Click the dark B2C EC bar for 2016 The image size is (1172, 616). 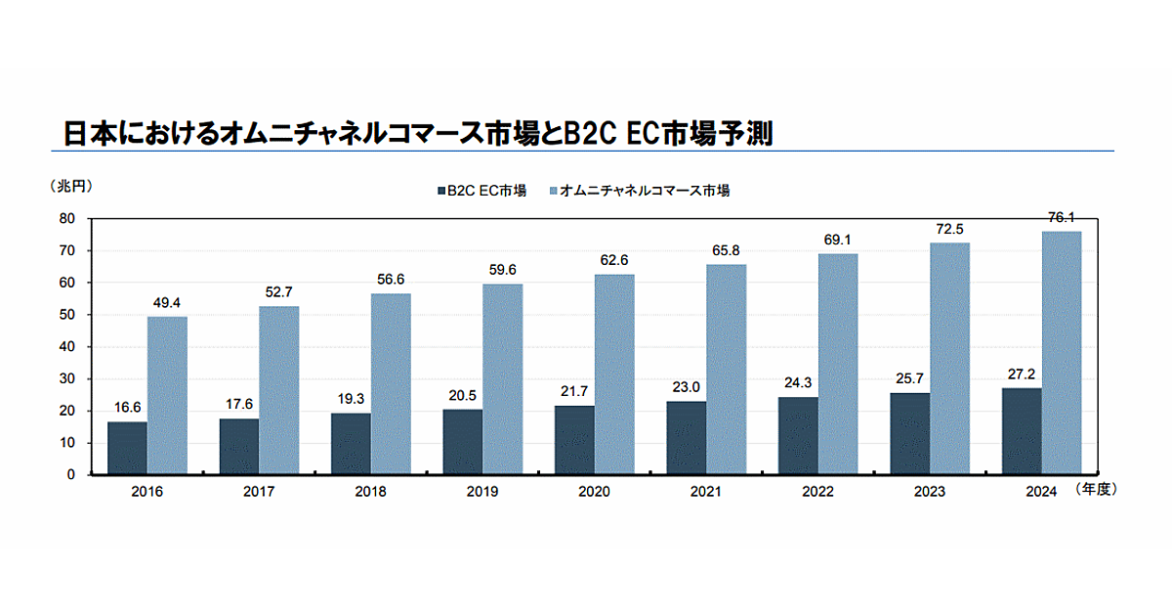point(127,448)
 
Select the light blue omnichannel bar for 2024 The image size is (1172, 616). point(1062,353)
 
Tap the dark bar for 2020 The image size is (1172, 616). point(573,440)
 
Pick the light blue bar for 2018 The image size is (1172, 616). point(391,384)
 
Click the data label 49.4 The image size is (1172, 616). point(167,303)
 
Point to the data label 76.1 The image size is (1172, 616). point(1062,218)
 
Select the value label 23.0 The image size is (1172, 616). point(686,387)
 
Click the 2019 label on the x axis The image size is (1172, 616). point(481,492)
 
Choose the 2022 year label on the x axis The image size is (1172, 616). point(817,492)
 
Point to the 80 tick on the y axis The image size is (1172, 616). point(68,219)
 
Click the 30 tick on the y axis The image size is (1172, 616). point(68,379)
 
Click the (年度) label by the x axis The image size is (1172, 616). point(1096,490)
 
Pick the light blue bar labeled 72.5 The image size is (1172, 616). point(949,359)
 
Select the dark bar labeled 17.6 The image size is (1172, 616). point(239,447)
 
